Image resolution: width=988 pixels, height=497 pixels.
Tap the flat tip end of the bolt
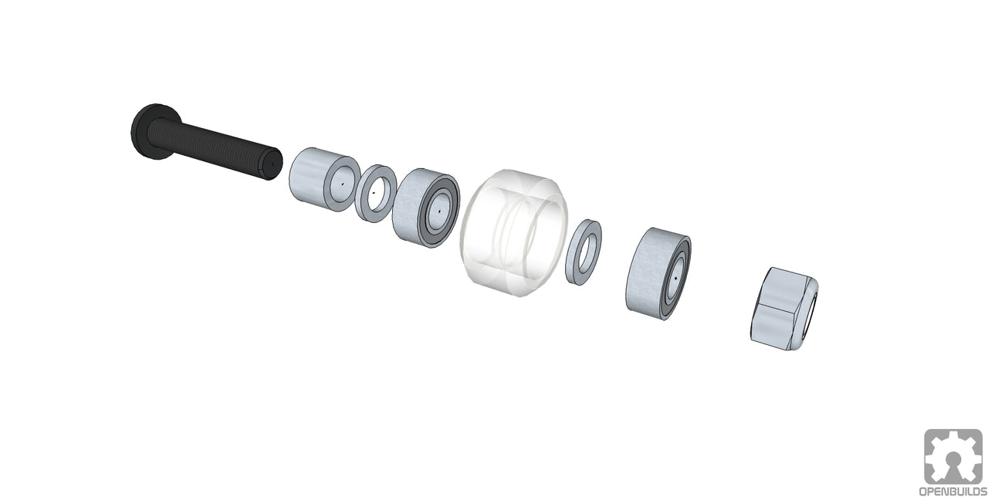(271, 164)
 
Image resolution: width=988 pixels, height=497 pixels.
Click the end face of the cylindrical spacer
(340, 184)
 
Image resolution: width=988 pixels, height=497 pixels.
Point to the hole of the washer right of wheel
(584, 252)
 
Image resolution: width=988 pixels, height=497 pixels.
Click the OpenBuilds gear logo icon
(953, 456)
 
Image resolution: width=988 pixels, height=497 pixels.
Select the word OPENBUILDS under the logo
(953, 491)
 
